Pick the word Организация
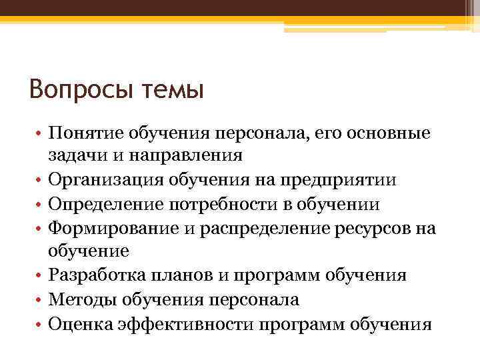pyautogui.click(x=111, y=180)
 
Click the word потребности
pyautogui.click(x=237, y=204)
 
